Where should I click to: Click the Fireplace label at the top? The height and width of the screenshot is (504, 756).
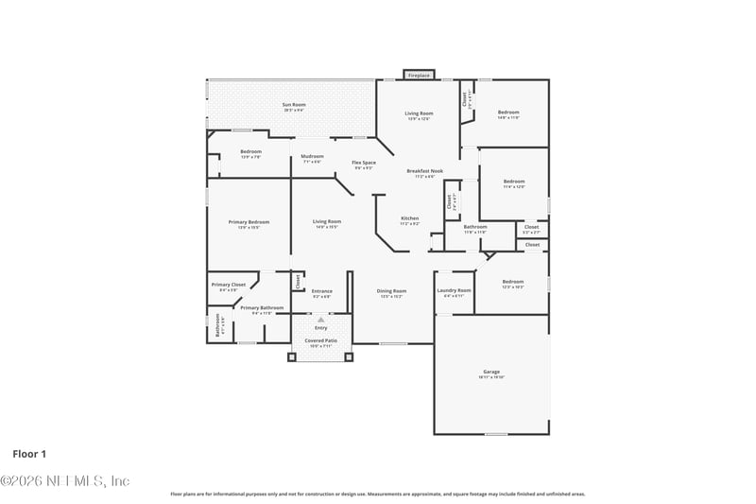419,75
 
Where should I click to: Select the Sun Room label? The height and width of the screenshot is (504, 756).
294,105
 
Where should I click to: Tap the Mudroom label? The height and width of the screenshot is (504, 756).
312,156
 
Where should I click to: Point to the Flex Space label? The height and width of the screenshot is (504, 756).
364,163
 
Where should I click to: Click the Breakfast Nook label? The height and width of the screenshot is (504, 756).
424,171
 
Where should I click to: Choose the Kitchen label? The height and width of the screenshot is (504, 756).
409,218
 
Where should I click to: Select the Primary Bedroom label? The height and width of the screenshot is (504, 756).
249,222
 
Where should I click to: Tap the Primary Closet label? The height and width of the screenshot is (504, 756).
228,285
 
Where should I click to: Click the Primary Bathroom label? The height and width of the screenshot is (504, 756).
262,307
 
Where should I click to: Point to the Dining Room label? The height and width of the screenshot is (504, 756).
392,291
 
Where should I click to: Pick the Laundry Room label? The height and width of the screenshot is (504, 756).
454,291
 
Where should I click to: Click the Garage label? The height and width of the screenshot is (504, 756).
491,373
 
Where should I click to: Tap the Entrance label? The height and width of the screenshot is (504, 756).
322,291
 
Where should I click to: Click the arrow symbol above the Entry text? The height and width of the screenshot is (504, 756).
320,320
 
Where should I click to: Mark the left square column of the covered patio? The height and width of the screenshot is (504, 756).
291,357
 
